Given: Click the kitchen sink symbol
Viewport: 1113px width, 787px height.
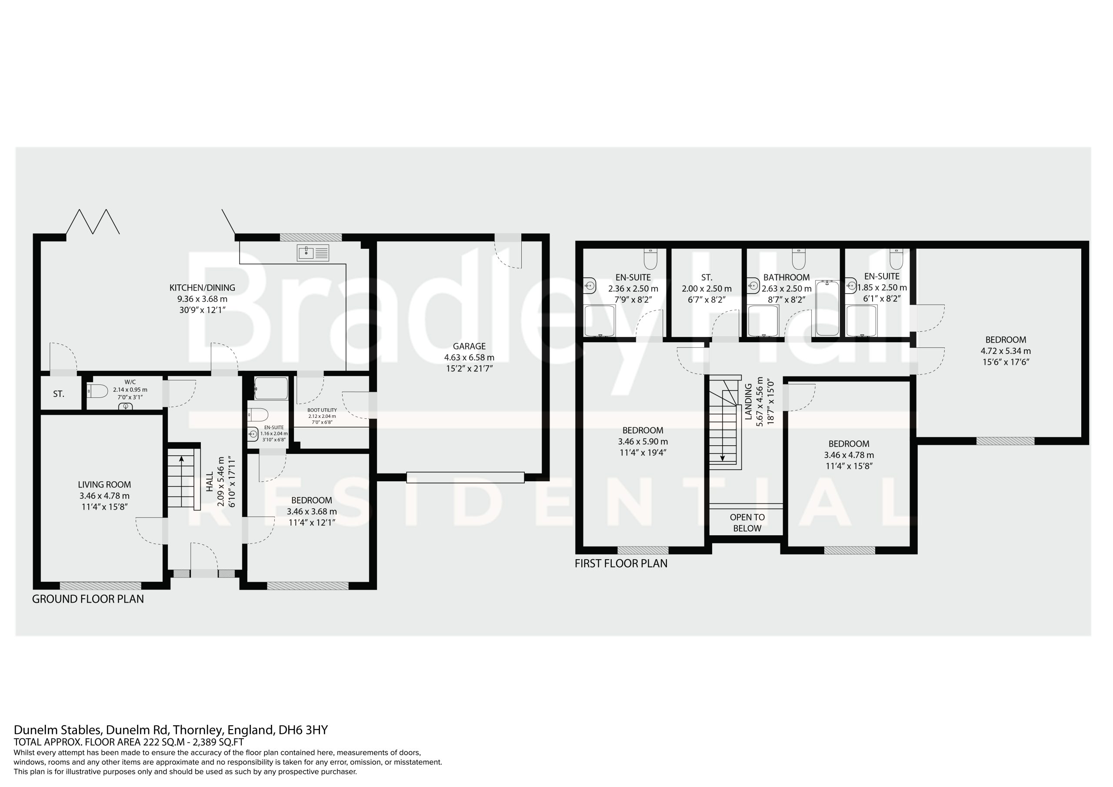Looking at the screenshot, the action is click(x=313, y=253).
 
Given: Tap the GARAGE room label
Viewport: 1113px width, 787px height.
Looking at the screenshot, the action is click(x=469, y=346).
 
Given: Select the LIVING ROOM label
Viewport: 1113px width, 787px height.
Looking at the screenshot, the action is click(x=104, y=484).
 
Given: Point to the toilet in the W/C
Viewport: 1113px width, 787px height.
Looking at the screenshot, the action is click(x=97, y=391).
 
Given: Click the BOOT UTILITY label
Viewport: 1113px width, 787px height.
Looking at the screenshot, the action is click(x=322, y=410).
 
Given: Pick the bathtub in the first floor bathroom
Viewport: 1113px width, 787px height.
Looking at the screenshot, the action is click(x=827, y=308).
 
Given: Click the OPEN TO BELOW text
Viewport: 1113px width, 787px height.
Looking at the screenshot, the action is click(x=747, y=523).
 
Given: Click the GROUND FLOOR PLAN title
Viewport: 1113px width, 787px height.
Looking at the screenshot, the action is click(x=88, y=599).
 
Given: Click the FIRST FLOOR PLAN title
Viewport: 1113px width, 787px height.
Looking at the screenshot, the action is click(x=621, y=564).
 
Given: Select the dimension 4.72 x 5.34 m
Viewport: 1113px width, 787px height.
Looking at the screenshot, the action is click(x=1006, y=351).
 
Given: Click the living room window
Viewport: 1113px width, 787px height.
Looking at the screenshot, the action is click(x=100, y=585).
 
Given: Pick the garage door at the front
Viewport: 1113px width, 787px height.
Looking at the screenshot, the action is click(x=465, y=477).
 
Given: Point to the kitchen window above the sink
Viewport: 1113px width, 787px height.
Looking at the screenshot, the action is click(x=311, y=237).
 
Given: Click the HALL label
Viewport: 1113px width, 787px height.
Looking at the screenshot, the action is click(x=210, y=483).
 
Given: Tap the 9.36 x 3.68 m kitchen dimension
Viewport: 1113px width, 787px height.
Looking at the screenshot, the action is click(x=202, y=299).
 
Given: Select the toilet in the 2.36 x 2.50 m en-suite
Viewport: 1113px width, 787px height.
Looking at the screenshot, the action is click(x=650, y=260).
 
